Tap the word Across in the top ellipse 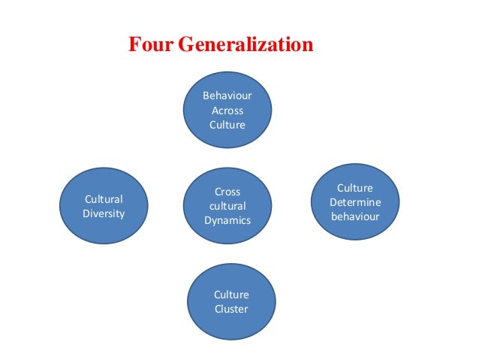(x=227, y=110)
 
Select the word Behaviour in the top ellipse (x=227, y=96)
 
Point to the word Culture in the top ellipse (x=227, y=125)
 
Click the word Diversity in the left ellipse (x=104, y=213)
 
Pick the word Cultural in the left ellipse (x=104, y=198)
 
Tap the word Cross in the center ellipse (x=227, y=192)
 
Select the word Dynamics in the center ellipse (x=227, y=220)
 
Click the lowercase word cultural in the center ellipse (x=227, y=206)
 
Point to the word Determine (x=355, y=202)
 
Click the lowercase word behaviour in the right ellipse (x=355, y=216)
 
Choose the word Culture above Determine (x=355, y=188)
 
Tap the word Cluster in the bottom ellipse (x=230, y=309)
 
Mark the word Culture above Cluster (x=230, y=295)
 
